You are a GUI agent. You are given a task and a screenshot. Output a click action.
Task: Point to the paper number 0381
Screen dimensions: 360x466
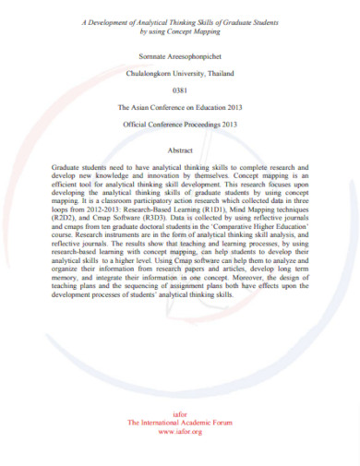(180, 90)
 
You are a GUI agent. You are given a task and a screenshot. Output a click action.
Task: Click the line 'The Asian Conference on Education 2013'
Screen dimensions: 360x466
(180, 108)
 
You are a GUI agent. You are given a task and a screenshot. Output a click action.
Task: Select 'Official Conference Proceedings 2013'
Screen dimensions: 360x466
(180, 125)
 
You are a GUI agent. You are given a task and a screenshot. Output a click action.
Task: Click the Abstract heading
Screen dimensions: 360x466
(180, 150)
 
